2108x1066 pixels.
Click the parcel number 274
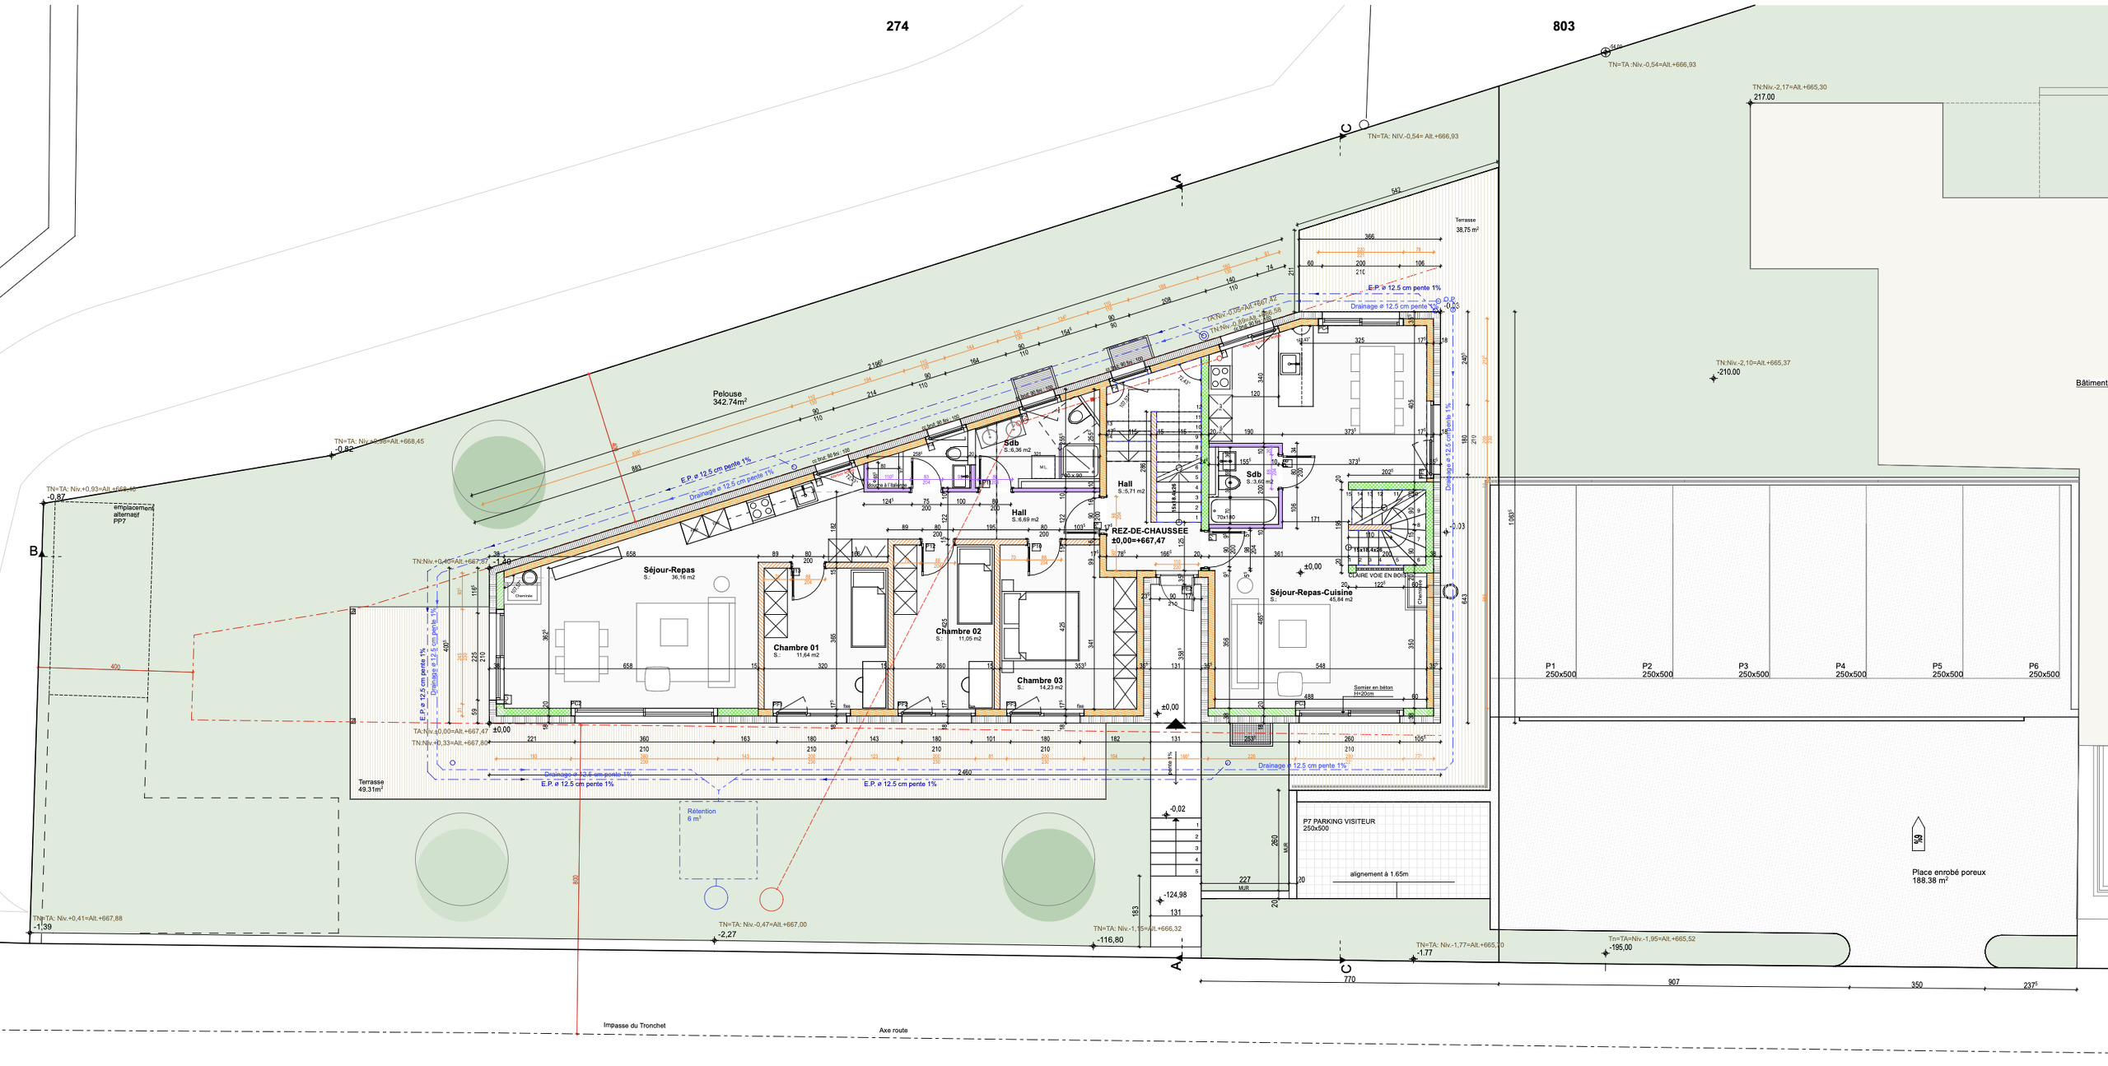pos(897,26)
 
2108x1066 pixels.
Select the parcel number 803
pos(1563,26)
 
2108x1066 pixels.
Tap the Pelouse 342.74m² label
pos(730,398)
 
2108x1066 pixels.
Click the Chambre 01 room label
pos(795,648)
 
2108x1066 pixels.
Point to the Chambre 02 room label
pos(958,631)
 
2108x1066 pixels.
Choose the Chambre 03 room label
pos(1039,681)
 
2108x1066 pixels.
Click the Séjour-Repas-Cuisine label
pos(1310,593)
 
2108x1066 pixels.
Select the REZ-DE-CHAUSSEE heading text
pos(1149,531)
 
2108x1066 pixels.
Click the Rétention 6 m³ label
pos(701,814)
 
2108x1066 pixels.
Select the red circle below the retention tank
pos(771,899)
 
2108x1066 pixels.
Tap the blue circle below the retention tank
pos(716,897)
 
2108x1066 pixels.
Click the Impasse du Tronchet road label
pos(634,1026)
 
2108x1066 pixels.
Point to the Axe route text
pos(893,1031)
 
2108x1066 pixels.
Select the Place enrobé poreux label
pos(1947,876)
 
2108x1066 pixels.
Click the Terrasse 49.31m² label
pos(371,785)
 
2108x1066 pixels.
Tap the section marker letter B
pos(34,551)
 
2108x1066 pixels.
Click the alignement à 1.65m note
pos(1378,874)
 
